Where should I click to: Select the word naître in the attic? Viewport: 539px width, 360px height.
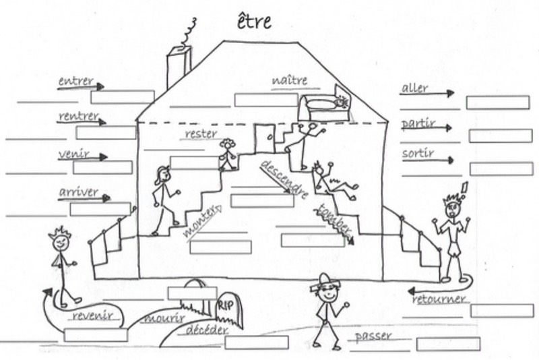coord(290,81)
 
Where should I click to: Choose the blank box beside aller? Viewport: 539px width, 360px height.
coord(497,102)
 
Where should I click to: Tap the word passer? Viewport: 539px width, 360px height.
coord(373,336)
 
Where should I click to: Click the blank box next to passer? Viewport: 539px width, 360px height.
coord(448,344)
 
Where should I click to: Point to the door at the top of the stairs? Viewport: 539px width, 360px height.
coord(264,140)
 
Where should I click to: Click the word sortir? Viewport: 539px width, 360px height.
coord(418,154)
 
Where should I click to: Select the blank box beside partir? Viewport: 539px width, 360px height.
coord(500,136)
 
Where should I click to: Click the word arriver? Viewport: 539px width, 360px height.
coord(79,193)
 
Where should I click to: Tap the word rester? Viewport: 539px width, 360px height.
coord(201,134)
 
